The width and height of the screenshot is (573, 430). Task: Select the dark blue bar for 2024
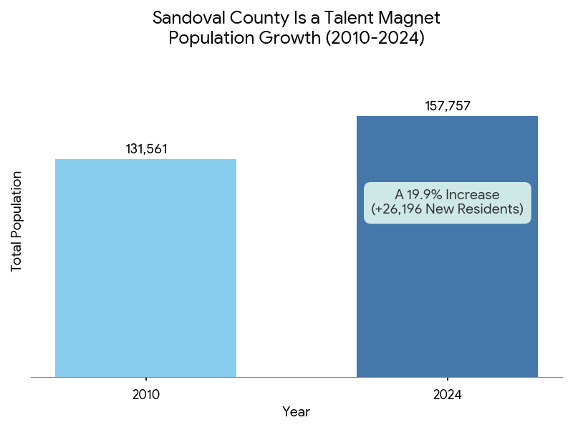[447, 301]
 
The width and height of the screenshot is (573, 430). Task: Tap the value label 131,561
[146, 149]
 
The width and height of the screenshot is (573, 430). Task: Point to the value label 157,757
[448, 106]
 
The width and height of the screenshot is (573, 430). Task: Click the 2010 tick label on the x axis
[146, 394]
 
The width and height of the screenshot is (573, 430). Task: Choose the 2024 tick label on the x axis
[448, 394]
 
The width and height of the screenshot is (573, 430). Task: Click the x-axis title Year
[296, 411]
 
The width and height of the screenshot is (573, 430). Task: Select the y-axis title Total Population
[17, 221]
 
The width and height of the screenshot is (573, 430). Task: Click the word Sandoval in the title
[186, 17]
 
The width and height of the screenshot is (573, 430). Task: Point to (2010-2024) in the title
[375, 38]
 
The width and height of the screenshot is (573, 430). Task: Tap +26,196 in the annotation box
[397, 209]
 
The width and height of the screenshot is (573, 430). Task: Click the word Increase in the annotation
[472, 194]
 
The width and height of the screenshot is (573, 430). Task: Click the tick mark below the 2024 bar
[448, 379]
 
